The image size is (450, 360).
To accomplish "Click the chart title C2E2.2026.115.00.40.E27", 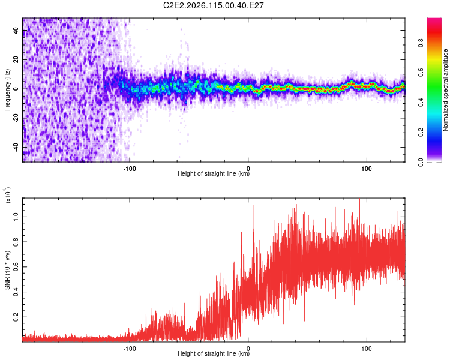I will tap(214, 5).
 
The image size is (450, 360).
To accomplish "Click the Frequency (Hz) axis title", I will tap(7, 90).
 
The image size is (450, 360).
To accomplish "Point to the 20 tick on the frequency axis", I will tap(16, 60).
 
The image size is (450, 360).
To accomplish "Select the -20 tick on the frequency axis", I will tap(16, 118).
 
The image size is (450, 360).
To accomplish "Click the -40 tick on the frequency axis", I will tap(16, 147).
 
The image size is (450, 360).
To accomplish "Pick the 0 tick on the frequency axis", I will tap(16, 89).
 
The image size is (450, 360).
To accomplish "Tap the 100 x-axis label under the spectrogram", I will tap(367, 167).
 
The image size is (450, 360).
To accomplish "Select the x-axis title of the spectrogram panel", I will tap(214, 174).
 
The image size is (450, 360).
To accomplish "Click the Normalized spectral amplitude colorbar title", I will tap(446, 90).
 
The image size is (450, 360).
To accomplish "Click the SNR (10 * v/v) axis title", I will tap(7, 270).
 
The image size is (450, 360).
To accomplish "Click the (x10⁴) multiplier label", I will tap(8, 196).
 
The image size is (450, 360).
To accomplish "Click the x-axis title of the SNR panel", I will tap(214, 354).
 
